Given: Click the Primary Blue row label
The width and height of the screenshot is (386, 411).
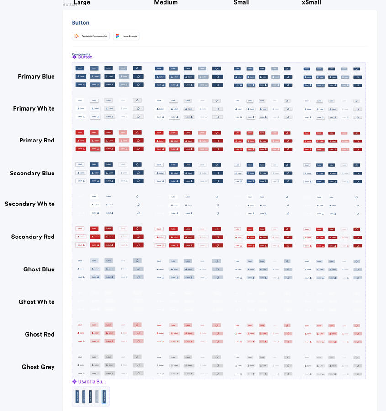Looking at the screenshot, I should click(x=36, y=76).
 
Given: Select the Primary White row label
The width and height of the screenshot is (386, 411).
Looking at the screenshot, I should click(x=34, y=108).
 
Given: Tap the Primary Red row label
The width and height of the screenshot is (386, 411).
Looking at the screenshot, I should click(x=37, y=140).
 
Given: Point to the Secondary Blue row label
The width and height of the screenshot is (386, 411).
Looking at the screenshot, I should click(x=32, y=173).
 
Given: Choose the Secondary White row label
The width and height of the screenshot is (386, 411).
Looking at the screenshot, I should click(x=30, y=204).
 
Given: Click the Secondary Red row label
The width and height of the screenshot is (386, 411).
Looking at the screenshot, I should click(x=33, y=237).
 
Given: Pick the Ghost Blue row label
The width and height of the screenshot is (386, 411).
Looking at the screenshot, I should click(x=39, y=269).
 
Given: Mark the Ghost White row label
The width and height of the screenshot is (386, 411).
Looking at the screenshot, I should click(x=37, y=301).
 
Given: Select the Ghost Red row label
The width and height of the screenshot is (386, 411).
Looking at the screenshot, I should click(x=40, y=334).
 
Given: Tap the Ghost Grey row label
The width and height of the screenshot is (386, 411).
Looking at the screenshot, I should click(x=38, y=367).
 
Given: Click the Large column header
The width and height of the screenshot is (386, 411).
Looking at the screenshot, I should click(x=82, y=3).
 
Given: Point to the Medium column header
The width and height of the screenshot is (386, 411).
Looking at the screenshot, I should click(x=166, y=3).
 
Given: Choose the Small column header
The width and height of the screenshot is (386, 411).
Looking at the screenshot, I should click(x=242, y=3).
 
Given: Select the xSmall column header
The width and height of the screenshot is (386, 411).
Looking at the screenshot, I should click(x=312, y=3).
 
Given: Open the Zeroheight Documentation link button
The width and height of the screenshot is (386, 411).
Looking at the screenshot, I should click(x=90, y=36).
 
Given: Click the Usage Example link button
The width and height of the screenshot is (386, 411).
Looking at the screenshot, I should click(x=126, y=36).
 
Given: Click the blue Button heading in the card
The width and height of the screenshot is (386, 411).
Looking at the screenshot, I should click(x=80, y=22).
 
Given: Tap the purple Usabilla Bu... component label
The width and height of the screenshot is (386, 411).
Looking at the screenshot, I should click(x=91, y=381).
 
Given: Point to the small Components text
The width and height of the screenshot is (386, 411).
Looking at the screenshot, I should click(x=81, y=54).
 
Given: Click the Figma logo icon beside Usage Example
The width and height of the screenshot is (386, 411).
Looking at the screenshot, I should click(x=118, y=36).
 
